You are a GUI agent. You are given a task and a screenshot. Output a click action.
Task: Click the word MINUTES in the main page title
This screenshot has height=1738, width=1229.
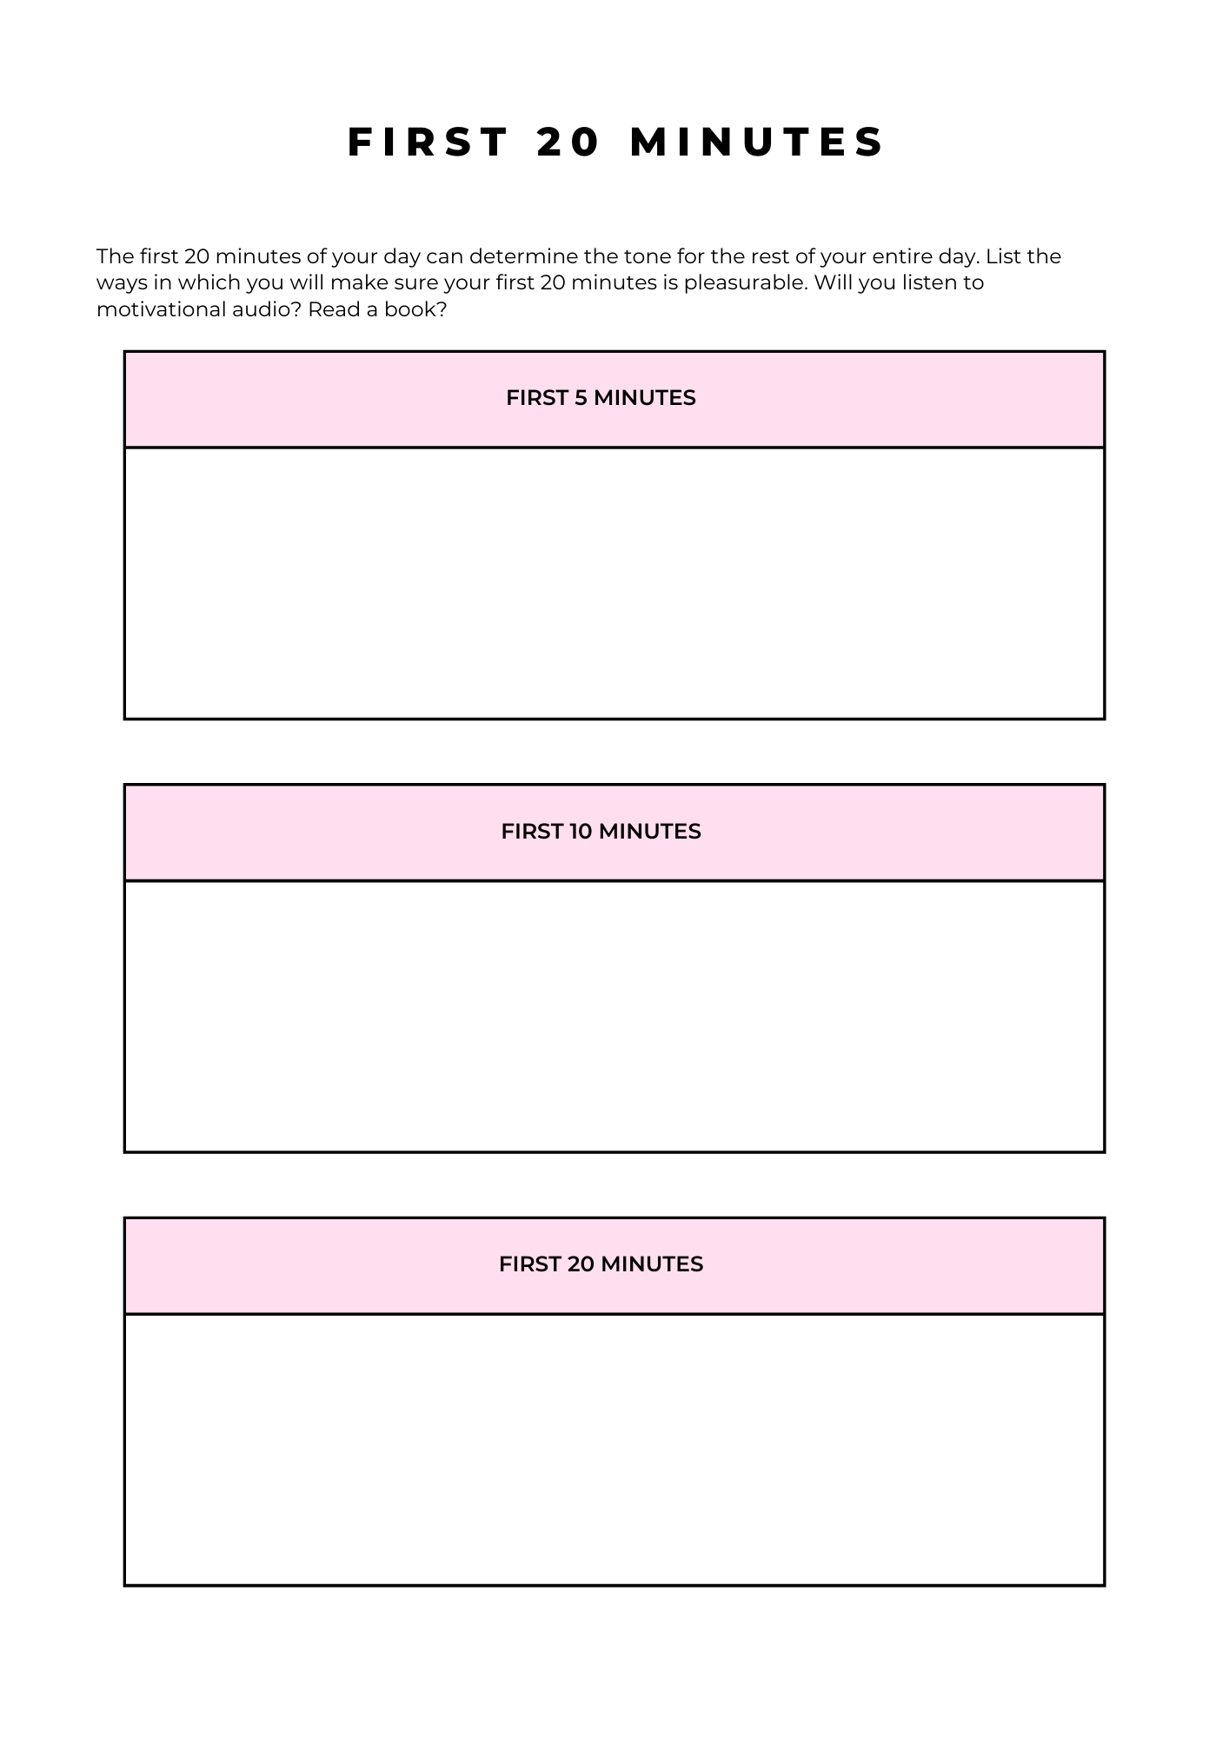pyautogui.click(x=756, y=142)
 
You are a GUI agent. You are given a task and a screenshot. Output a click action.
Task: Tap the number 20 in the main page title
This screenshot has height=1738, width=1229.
pyautogui.click(x=569, y=142)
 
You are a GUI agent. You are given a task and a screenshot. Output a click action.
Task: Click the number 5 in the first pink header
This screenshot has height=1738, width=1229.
pyautogui.click(x=581, y=398)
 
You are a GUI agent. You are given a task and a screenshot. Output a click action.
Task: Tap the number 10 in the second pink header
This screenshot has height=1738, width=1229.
pyautogui.click(x=581, y=832)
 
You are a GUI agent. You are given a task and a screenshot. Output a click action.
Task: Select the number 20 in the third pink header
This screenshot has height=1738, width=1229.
pyautogui.click(x=581, y=1264)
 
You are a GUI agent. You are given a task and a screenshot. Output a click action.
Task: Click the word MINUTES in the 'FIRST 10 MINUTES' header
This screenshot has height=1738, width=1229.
pyautogui.click(x=649, y=832)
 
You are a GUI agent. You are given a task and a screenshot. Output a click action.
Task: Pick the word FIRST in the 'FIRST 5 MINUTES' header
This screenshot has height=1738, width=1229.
pyautogui.click(x=537, y=398)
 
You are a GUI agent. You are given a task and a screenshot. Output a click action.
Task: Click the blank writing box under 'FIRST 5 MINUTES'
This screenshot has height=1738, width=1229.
pyautogui.click(x=614, y=583)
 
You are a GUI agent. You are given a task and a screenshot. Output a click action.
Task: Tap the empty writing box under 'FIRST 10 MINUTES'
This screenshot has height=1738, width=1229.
pyautogui.click(x=614, y=1016)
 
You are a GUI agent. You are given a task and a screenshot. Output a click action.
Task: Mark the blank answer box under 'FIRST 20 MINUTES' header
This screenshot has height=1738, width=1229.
pyautogui.click(x=614, y=1449)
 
